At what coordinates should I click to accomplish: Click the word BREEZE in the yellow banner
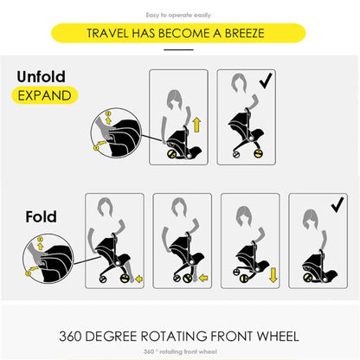click(245, 33)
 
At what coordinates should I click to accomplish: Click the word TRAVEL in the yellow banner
click(107, 33)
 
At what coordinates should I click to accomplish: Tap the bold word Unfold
click(42, 77)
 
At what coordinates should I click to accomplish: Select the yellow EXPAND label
click(45, 95)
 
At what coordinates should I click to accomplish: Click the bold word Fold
click(41, 216)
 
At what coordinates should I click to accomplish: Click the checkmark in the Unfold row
click(266, 80)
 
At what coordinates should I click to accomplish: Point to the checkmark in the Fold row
click(337, 204)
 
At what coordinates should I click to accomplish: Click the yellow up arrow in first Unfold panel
click(196, 125)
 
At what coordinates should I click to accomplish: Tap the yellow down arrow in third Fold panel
click(273, 275)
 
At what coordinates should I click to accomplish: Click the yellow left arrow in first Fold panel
click(139, 279)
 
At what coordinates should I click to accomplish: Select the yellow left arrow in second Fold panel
click(203, 278)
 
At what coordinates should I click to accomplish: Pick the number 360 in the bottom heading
click(70, 337)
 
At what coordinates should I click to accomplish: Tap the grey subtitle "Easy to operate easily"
click(178, 15)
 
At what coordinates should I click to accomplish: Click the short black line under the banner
click(178, 49)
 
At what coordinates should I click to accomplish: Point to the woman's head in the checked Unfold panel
click(240, 83)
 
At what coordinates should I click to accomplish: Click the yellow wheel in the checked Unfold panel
click(258, 154)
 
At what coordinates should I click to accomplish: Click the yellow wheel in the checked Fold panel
click(306, 278)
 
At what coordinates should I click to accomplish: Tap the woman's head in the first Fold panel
click(106, 207)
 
